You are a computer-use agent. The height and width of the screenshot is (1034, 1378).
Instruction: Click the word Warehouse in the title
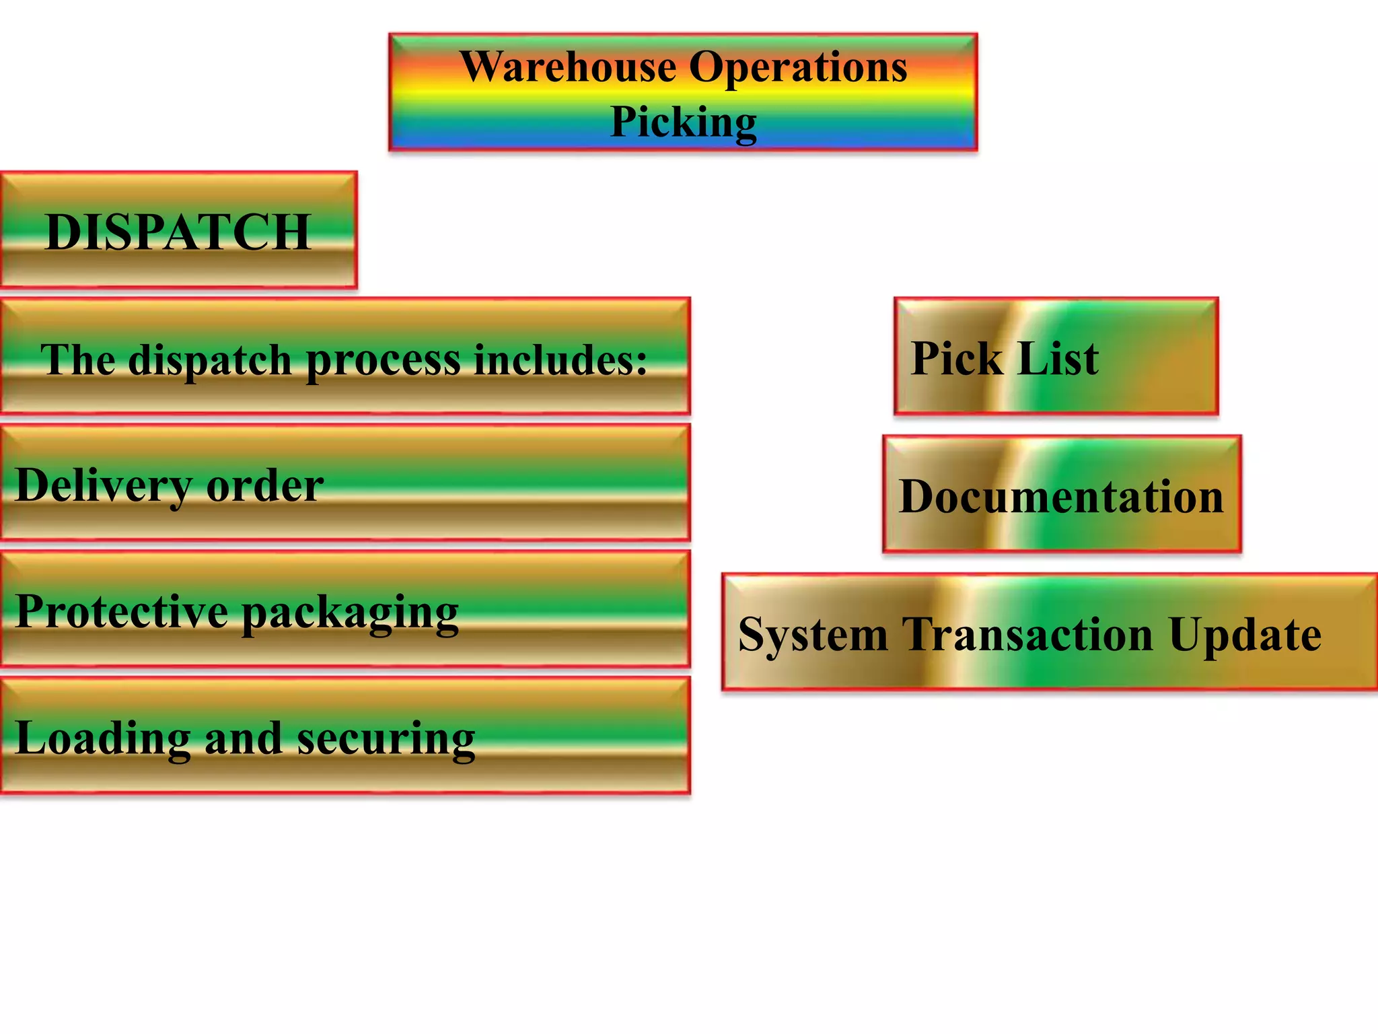[x=569, y=68]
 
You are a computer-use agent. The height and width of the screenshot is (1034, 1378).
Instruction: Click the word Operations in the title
[x=798, y=68]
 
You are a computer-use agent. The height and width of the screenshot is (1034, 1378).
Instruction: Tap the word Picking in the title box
[x=683, y=123]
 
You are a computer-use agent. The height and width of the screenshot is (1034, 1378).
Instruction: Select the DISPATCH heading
[x=178, y=232]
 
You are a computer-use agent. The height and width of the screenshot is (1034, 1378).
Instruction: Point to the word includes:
[x=560, y=360]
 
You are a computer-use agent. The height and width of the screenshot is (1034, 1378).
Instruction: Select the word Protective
[x=121, y=611]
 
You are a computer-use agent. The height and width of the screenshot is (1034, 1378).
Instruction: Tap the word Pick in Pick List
[x=956, y=359]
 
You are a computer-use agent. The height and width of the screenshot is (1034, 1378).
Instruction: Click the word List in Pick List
[x=1058, y=359]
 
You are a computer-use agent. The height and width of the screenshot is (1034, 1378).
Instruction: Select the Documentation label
[x=1061, y=497]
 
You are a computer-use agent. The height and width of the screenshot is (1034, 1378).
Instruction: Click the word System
[x=813, y=635]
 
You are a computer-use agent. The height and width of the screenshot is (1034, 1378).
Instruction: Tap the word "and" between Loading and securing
[x=243, y=739]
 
